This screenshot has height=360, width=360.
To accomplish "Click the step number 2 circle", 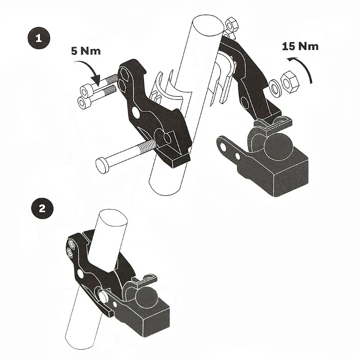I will (x=41, y=209).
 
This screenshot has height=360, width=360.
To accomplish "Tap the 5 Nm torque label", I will (x=86, y=50).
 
